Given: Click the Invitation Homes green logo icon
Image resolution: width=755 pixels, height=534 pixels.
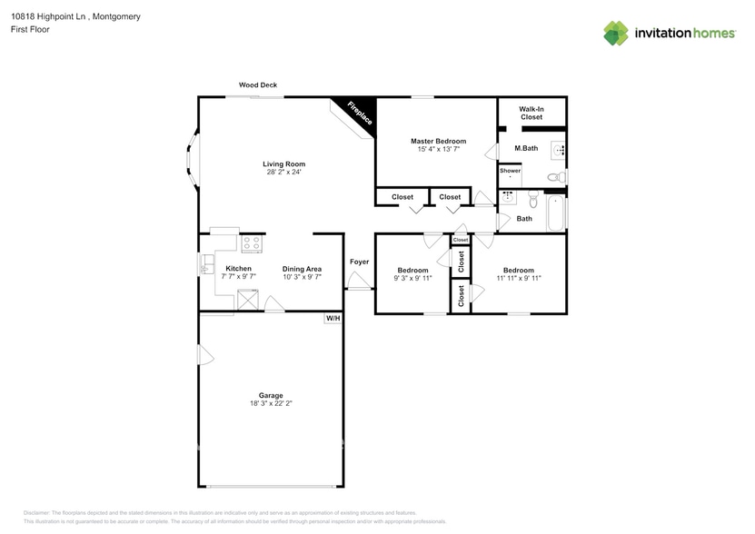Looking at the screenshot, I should point(616,33).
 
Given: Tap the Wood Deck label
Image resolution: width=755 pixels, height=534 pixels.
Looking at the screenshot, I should point(258,84).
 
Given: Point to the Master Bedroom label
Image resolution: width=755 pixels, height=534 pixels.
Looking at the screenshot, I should point(438,141).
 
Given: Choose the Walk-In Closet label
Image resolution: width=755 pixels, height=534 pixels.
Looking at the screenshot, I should point(531,112).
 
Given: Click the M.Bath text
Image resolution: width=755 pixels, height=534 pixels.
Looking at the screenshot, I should point(526,148).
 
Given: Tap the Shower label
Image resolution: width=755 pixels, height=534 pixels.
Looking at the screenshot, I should point(510,171).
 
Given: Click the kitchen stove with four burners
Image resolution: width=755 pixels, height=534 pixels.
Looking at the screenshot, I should point(252,243).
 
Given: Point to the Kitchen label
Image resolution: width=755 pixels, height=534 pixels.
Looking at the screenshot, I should point(238,269).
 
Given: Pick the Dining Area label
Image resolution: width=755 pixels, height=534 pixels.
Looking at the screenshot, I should point(302,269).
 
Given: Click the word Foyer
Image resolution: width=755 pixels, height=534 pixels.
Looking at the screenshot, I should point(360,262).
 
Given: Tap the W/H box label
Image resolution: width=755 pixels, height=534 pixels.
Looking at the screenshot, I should point(333,319).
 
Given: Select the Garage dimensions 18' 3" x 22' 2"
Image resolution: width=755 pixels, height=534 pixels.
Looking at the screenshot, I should point(271,403).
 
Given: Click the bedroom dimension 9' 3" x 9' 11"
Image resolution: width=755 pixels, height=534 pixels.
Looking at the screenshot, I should point(412,279).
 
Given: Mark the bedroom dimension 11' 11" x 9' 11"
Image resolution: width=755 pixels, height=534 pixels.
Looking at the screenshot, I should point(519,279).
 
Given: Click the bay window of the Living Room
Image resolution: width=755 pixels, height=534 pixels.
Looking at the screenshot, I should point(192,161).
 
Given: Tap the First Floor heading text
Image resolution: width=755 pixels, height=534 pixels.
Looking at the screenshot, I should point(31,29).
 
